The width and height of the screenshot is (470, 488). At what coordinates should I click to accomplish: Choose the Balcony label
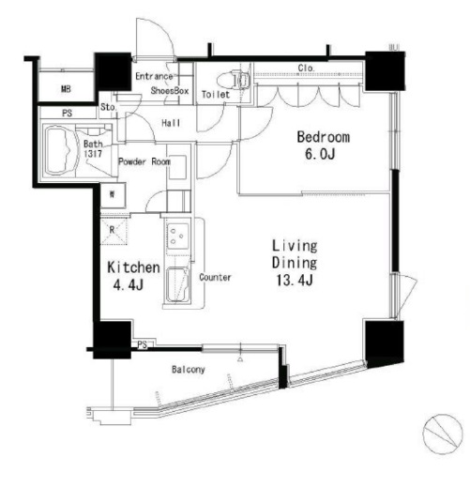click(x=189, y=370)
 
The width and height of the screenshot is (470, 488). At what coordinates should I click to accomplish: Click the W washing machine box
click(x=112, y=195)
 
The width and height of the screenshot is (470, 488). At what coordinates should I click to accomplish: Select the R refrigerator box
click(x=112, y=228)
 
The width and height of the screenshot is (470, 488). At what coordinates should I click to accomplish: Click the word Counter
click(x=216, y=278)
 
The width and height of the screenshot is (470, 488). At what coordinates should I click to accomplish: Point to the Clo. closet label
click(x=306, y=67)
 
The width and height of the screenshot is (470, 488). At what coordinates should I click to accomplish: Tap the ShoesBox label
click(x=171, y=91)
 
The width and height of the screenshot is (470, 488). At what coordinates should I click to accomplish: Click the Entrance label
click(x=154, y=76)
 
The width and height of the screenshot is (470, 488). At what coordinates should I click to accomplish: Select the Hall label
click(x=171, y=123)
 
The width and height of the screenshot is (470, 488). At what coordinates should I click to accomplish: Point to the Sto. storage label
click(x=109, y=107)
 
